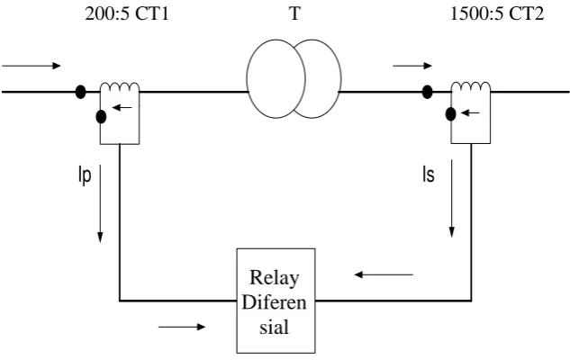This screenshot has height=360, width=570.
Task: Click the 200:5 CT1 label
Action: pos(127,14)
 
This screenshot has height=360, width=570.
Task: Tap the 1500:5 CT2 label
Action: pos(497,14)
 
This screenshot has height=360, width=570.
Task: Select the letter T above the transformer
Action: pos(294,13)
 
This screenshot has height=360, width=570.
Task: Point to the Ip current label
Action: pos(85,175)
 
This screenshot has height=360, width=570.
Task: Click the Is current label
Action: pos(429,175)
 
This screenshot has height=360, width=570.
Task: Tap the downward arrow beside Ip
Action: pos(100,203)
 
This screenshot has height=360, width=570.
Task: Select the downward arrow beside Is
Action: pos(451,198)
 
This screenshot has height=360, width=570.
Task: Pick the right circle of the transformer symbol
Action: pos(340,78)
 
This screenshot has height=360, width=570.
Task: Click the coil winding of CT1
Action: pos(120,86)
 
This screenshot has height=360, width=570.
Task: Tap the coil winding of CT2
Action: pos(471,86)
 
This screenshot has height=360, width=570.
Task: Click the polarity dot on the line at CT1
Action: pos(80,92)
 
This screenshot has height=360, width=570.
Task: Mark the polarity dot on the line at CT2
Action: pos(427,92)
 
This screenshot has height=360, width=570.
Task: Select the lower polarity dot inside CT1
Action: pos(101,117)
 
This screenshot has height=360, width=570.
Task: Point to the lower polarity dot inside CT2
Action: pos(450,114)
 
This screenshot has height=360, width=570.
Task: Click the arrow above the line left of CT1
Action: pos(32,66)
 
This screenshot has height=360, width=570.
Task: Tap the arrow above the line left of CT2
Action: pos(412,66)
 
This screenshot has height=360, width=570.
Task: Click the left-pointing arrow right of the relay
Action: pos(384,274)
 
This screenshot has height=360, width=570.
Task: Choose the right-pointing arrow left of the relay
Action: pos(182,327)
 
